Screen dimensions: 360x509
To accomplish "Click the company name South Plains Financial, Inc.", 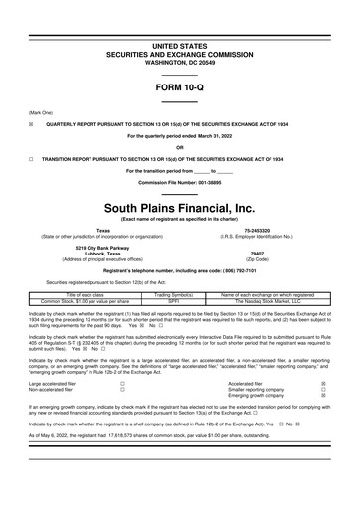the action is pos(180,179).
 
